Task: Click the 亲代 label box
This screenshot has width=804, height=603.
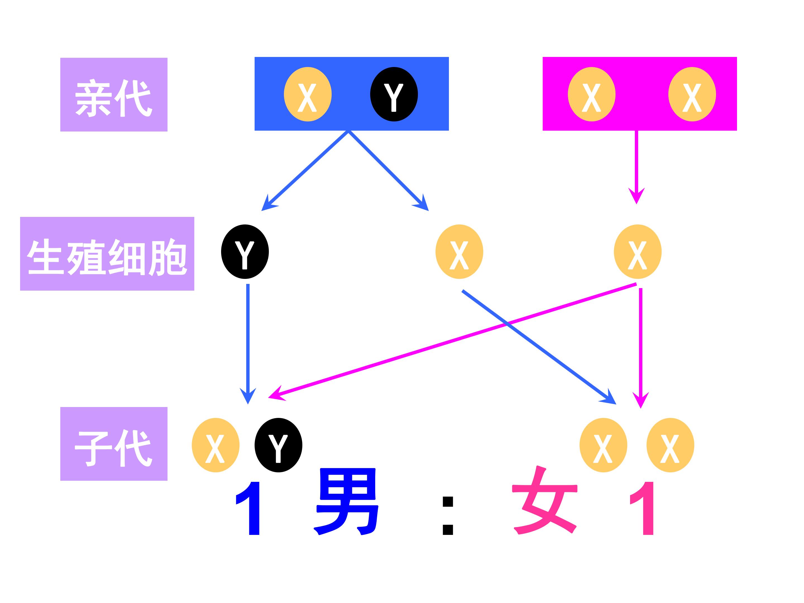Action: [114, 95]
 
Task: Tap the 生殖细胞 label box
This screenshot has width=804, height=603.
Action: [107, 254]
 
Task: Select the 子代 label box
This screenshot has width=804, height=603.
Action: [114, 444]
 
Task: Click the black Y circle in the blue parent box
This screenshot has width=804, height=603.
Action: [394, 94]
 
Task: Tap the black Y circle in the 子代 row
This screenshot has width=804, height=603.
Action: [278, 445]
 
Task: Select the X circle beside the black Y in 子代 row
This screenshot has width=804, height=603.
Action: [216, 445]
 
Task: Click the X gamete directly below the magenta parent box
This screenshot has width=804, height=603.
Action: [638, 252]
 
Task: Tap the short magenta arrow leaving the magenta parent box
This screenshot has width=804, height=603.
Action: [636, 164]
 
